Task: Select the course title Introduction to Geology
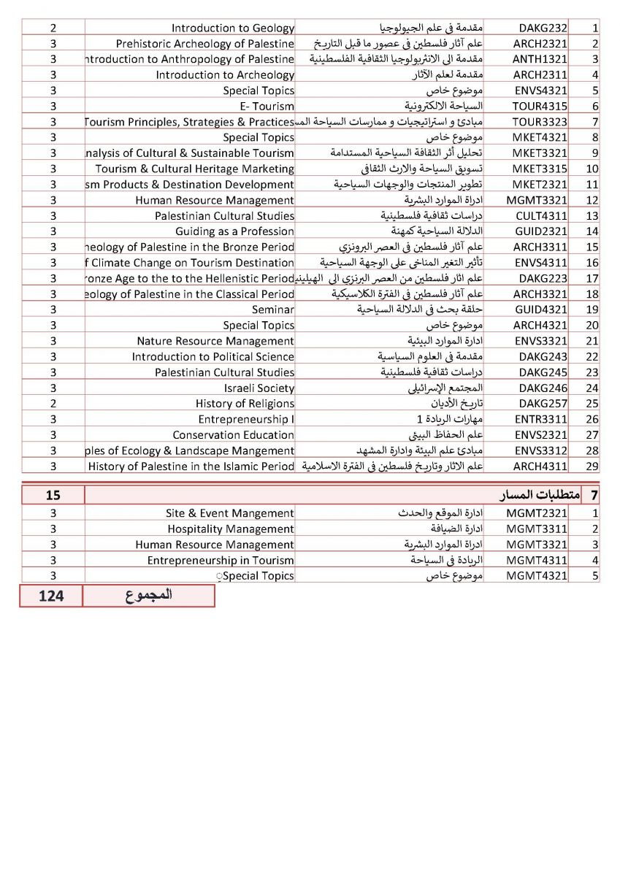point(232,28)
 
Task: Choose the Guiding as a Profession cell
point(234,231)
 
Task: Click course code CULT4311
point(536,216)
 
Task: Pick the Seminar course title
point(273,310)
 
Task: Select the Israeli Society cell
point(259,388)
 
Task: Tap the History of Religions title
point(245,404)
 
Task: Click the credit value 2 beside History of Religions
point(53,404)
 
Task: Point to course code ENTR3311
point(536,419)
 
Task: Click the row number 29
point(592,466)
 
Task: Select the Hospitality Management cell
point(231,529)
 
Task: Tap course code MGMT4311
point(536,561)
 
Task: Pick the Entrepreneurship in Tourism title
point(221,561)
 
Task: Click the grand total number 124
point(51,596)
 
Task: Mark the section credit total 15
point(53,496)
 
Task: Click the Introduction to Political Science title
point(213,357)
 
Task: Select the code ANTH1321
point(536,59)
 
